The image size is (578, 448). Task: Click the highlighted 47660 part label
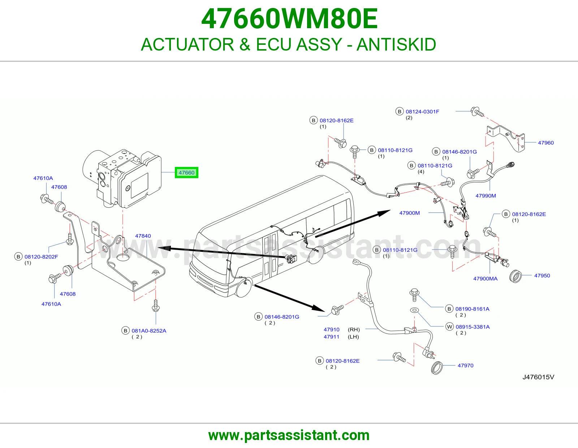click(x=186, y=173)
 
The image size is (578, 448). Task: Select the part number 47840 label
click(x=143, y=236)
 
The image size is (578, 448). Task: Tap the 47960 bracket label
click(x=546, y=143)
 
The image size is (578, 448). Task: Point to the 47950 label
click(x=542, y=276)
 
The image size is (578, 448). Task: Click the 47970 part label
click(x=466, y=366)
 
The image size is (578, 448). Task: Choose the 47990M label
click(x=486, y=196)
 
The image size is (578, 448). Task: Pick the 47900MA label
click(x=486, y=279)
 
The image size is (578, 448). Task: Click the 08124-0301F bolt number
click(x=422, y=112)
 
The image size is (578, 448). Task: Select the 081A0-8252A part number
click(x=149, y=331)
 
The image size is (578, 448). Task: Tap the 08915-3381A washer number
click(x=473, y=327)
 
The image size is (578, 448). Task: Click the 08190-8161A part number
click(x=473, y=309)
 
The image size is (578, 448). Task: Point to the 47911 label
click(x=331, y=337)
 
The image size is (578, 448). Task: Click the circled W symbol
click(x=449, y=327)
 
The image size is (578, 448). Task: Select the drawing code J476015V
click(x=538, y=377)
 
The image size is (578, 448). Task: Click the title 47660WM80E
click(x=289, y=19)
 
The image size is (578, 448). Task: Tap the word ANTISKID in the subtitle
click(x=396, y=44)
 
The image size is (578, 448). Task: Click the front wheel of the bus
click(x=244, y=287)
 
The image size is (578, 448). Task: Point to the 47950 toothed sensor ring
click(x=516, y=276)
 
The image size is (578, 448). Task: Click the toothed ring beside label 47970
click(x=436, y=368)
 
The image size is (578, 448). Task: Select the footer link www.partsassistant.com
click(x=289, y=435)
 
